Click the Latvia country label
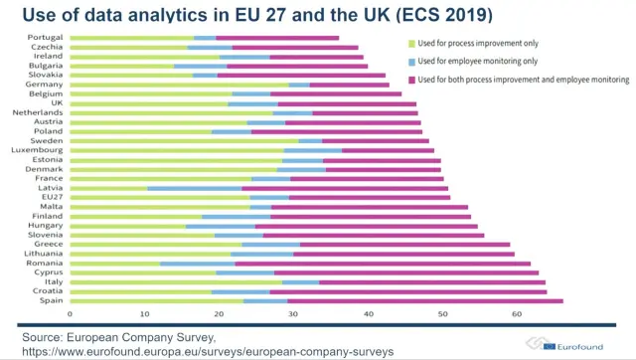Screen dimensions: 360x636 [53, 188]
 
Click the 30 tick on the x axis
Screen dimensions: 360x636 [293, 313]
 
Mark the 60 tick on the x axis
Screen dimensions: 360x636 [516, 313]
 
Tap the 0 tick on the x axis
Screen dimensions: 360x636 [71, 313]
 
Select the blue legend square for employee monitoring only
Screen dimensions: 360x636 [410, 62]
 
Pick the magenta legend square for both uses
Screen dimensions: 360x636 [410, 79]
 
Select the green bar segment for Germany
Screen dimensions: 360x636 [180, 85]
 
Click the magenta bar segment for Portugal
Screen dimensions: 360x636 [278, 38]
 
